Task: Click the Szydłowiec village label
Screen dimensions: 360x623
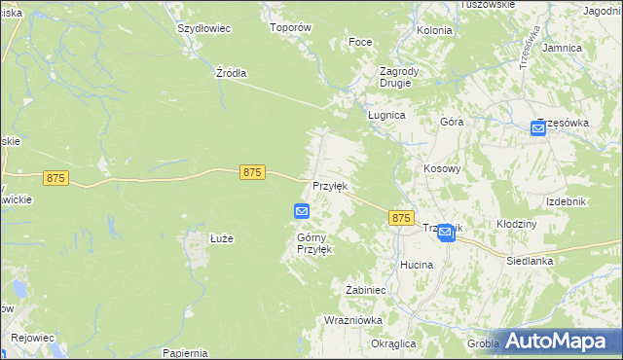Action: pyautogui.click(x=203, y=28)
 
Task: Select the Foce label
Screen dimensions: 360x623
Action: pyautogui.click(x=360, y=43)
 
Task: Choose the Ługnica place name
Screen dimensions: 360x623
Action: pyautogui.click(x=385, y=114)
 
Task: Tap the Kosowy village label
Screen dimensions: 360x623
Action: pyautogui.click(x=441, y=168)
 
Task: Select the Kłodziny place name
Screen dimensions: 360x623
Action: pyautogui.click(x=517, y=224)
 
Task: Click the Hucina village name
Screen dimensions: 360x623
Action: pyautogui.click(x=417, y=264)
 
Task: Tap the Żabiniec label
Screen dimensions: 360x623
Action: pyautogui.click(x=368, y=290)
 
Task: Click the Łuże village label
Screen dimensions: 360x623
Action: pyautogui.click(x=222, y=238)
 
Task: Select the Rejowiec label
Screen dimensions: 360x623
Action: pyautogui.click(x=32, y=338)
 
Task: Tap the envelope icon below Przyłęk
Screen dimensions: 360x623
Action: pyautogui.click(x=302, y=211)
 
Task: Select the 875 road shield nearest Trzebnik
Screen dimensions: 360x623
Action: pyautogui.click(x=400, y=219)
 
